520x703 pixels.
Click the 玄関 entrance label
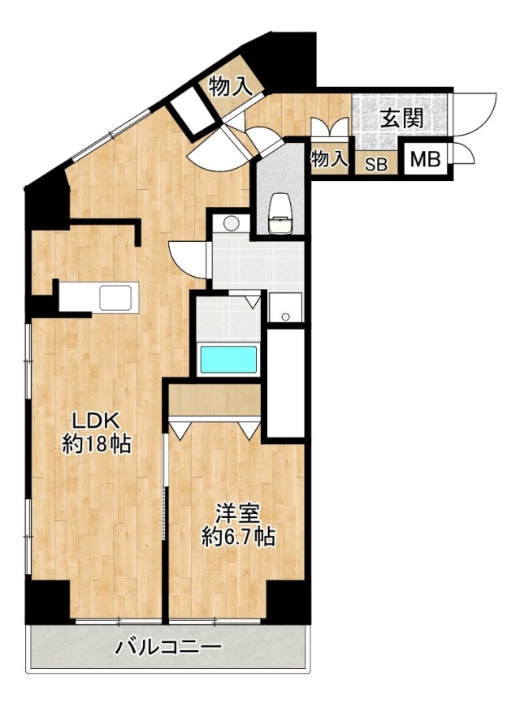pos(401,119)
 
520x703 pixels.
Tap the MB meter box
pos(425,159)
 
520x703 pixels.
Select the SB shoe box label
pos(376,165)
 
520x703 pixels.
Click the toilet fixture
pos(280,213)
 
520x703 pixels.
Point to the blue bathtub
pos(229,359)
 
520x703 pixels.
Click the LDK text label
pos(96,421)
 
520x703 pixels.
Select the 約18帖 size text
pos(97,444)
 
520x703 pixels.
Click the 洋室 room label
pos(238,514)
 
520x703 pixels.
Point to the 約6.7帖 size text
pos(238,537)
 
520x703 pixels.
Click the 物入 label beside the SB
pos(330,158)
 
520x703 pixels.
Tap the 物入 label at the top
pos(231,85)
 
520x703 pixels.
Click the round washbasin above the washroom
pos(232,222)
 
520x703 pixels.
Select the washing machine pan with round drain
pos(285,307)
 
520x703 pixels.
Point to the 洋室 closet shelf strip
pos(214,400)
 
